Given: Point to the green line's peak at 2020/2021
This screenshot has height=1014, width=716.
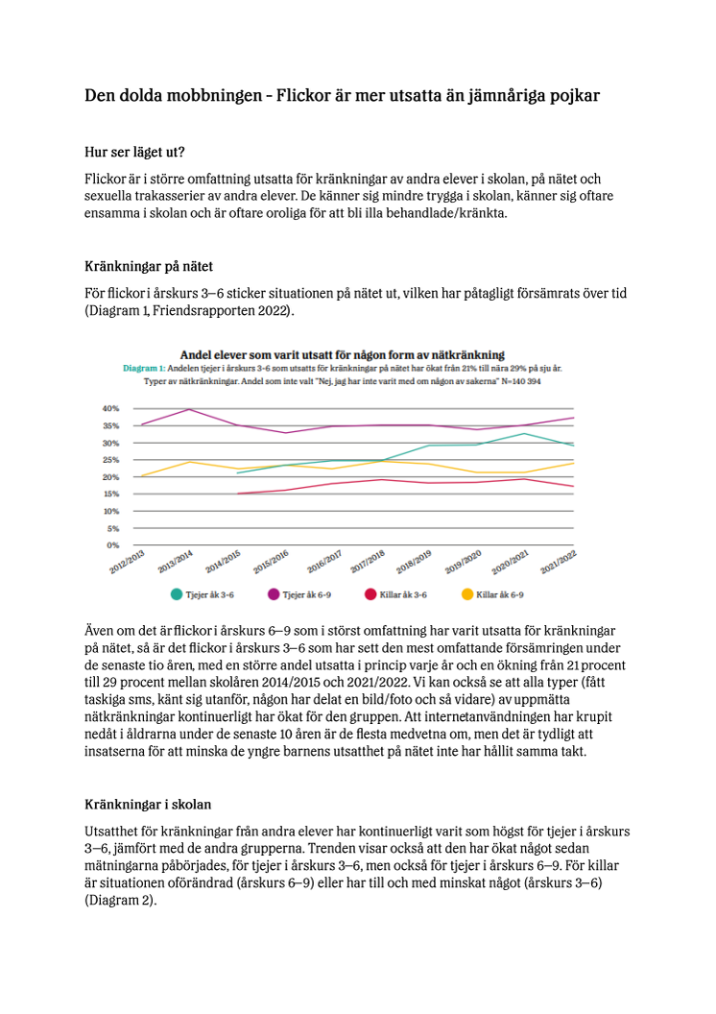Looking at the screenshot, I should (x=524, y=433).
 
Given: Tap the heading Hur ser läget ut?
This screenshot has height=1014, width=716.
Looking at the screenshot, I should (x=134, y=152).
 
